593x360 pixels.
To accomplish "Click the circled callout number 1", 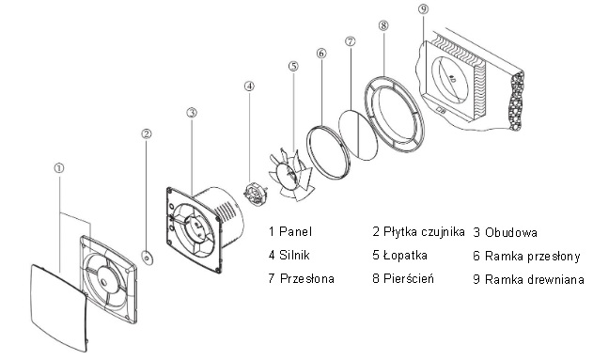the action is (x=59, y=168).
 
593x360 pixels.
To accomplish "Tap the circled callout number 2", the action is (x=147, y=133).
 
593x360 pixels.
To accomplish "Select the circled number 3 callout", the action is (x=192, y=113).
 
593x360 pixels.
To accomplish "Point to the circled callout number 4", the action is (x=249, y=86).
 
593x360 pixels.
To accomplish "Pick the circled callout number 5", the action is (x=293, y=66).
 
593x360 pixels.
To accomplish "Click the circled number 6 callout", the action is (x=321, y=54).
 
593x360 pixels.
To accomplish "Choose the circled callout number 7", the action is (x=351, y=40).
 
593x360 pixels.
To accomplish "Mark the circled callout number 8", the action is (x=383, y=25).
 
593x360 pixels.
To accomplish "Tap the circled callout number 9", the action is (x=424, y=9).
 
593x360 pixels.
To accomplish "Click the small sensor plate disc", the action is (x=147, y=258).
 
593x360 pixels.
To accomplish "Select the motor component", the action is (x=254, y=194).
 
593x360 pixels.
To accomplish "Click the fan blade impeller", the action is (x=290, y=174).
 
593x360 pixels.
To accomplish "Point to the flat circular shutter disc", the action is (x=358, y=135).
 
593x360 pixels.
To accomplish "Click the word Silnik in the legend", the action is (x=294, y=256).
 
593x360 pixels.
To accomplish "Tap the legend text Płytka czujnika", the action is (x=424, y=232).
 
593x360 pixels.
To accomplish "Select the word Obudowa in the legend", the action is (x=511, y=232).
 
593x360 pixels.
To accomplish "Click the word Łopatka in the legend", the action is (x=405, y=256).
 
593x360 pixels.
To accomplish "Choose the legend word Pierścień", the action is (x=409, y=279).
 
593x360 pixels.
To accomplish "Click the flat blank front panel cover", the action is (x=59, y=307).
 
